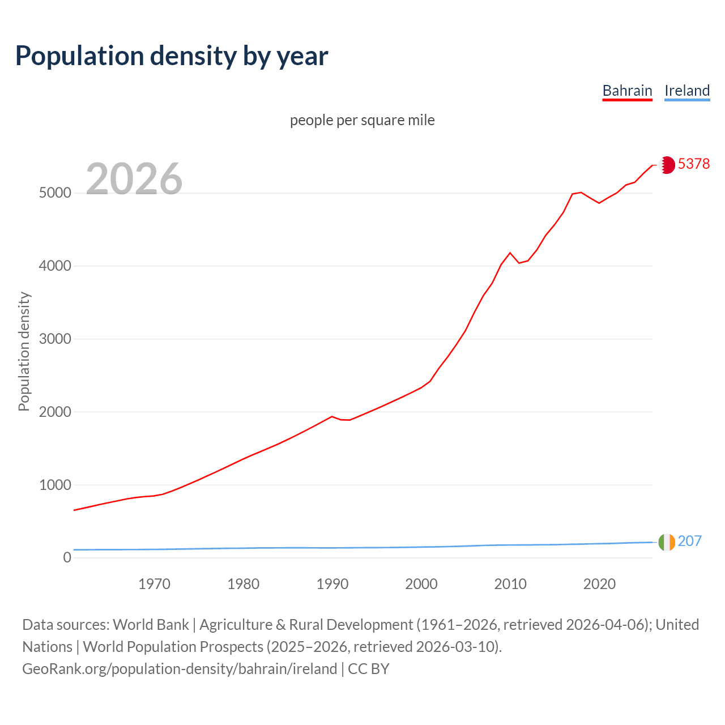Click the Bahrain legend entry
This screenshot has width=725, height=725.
[x=627, y=91]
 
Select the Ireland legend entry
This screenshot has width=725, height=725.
[x=686, y=91]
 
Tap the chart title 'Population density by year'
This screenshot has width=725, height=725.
[x=172, y=56]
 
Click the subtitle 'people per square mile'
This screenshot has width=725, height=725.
[x=362, y=120]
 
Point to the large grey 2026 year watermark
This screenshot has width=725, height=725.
[x=134, y=179]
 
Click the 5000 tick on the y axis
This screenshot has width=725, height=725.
[x=55, y=193]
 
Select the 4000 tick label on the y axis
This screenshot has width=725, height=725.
[x=55, y=266]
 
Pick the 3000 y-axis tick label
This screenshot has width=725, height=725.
[x=55, y=339]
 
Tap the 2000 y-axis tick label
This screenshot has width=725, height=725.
[x=55, y=412]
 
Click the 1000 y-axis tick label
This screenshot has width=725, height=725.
[x=55, y=485]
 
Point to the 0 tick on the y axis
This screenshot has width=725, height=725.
[x=67, y=558]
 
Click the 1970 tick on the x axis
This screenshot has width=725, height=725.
[x=154, y=584]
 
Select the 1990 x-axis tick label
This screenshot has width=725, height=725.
[x=332, y=584]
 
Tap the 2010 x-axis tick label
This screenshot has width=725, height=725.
[x=510, y=584]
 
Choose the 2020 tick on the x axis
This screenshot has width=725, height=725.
[x=599, y=584]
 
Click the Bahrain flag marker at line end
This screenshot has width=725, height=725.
[x=667, y=165]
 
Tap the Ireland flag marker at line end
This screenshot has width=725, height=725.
[x=667, y=542]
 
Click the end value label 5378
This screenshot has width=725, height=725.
[x=693, y=164]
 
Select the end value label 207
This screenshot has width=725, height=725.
[x=689, y=541]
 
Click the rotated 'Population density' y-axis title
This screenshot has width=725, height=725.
[x=24, y=351]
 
